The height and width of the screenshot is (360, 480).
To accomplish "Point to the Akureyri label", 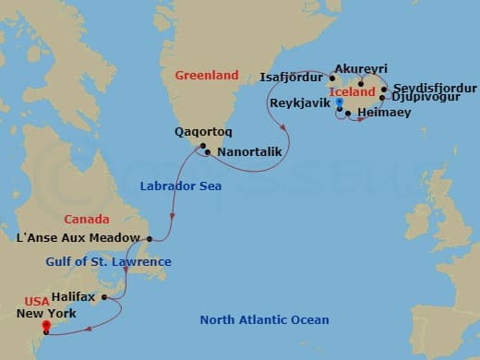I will (362, 69).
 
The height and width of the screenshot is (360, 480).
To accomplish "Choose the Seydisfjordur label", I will (428, 88).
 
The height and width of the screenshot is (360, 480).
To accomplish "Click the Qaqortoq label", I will (198, 131).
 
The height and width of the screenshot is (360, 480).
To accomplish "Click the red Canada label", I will (87, 220).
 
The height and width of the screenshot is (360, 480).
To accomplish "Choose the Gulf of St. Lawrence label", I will (108, 262).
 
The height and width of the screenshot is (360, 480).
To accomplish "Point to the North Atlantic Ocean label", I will (264, 320).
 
